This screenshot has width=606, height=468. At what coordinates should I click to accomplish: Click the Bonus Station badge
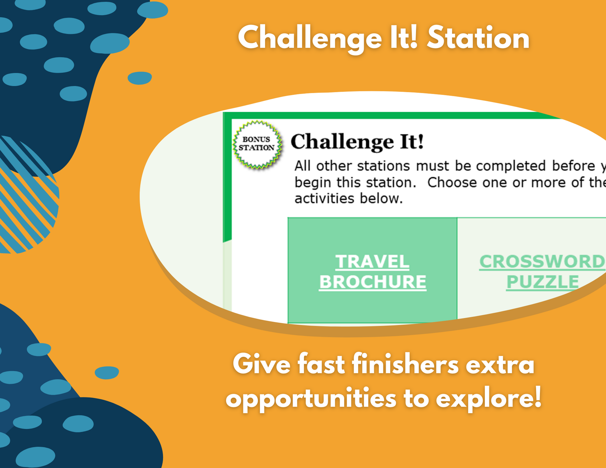point(258,144)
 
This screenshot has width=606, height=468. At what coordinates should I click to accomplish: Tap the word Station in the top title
point(478,38)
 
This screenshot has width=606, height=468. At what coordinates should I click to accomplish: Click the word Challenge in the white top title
point(310,39)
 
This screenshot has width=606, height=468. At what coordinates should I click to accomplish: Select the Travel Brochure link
point(372,272)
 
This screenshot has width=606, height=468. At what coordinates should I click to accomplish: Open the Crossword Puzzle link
point(542,272)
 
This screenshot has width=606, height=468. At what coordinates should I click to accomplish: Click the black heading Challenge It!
point(357,142)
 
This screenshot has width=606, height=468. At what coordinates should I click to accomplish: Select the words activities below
point(349,198)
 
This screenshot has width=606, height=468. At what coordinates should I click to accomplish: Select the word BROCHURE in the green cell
point(372,282)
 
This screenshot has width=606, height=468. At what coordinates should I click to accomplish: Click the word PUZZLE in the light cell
point(542,282)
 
